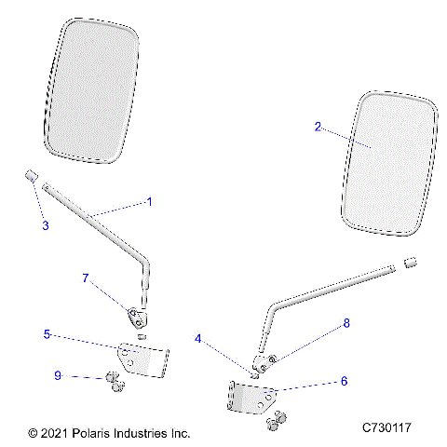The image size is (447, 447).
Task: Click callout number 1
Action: coord(148,201)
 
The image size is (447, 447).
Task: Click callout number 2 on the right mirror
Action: coord(318,128)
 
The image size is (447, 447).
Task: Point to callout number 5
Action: coord(47,333)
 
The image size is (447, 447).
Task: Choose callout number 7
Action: coord(87,278)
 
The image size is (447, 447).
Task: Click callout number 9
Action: coord(59,375)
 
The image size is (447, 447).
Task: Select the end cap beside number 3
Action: coord(30,175)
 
